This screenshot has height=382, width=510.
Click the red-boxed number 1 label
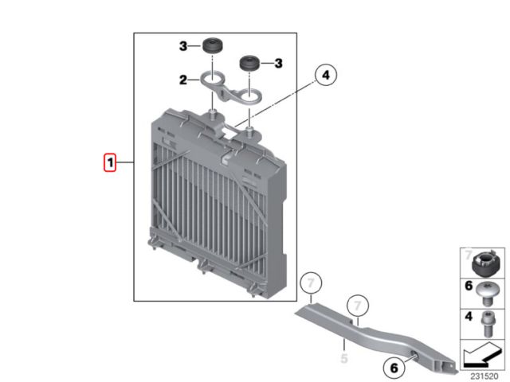(110, 162)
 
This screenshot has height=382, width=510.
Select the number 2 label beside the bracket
(183, 80)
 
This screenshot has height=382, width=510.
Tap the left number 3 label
(183, 46)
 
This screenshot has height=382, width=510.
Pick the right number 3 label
(278, 63)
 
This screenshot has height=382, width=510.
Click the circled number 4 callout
(326, 75)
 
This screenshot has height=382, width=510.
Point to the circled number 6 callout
(394, 368)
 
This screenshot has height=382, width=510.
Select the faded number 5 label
(344, 358)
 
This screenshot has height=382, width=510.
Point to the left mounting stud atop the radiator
(213, 114)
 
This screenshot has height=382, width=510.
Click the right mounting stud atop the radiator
(249, 131)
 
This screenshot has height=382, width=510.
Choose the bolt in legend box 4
(487, 324)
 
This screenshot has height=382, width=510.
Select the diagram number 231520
(484, 376)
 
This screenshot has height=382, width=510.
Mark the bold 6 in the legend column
(469, 286)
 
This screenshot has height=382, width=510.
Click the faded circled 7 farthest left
(311, 283)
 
